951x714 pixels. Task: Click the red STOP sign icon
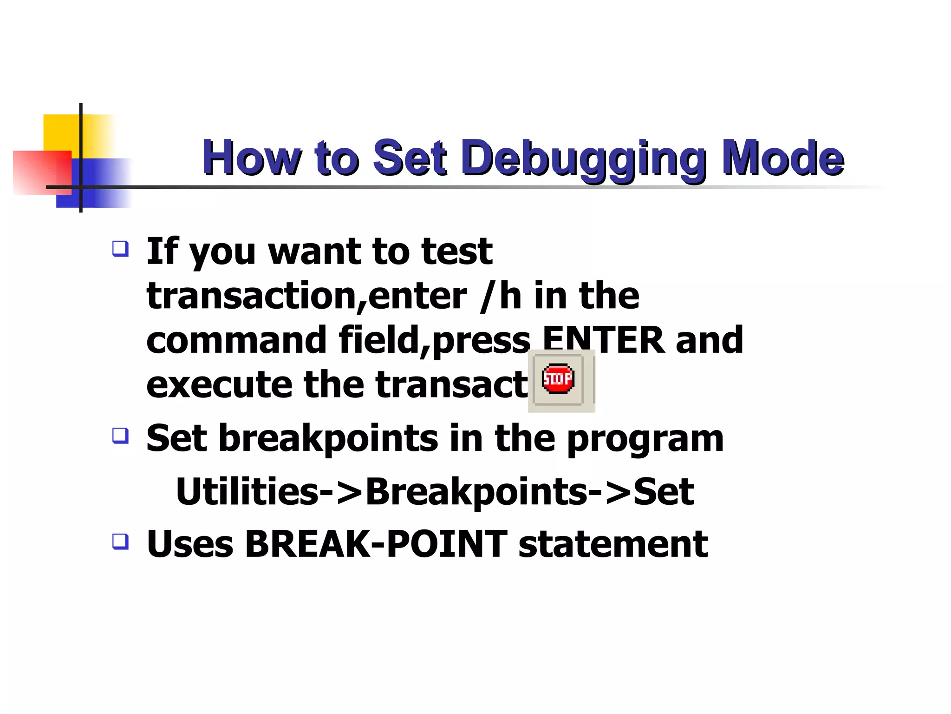558,379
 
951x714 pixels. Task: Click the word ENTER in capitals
603,340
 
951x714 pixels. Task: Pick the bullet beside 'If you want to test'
120,249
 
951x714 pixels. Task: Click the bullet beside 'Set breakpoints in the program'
120,436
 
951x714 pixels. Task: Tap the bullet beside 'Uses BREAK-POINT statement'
120,542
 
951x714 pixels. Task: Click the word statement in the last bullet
613,545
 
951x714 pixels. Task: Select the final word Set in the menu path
664,492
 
